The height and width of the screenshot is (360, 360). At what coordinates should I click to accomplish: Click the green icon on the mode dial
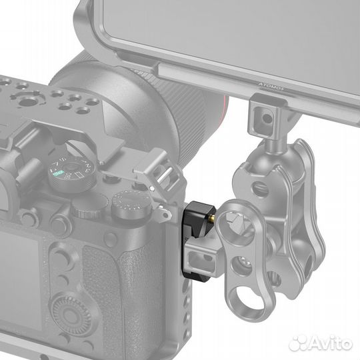point(57,174)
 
